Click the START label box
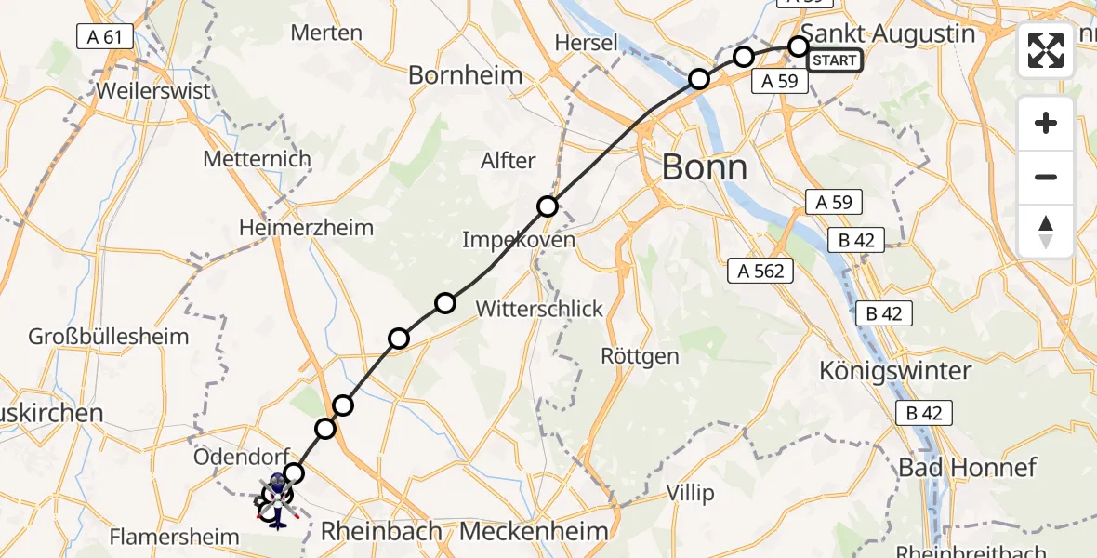835,61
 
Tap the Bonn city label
704,168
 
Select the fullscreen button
1046,50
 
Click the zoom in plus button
1046,123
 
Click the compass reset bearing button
1046,231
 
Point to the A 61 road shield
104,37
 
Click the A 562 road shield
760,271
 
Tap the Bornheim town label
466,75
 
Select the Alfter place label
509,161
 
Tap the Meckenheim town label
534,532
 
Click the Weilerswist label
152,92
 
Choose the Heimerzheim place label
306,228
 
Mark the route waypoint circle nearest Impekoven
548,206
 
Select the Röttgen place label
640,356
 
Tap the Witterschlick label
539,309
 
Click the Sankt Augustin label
888,33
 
